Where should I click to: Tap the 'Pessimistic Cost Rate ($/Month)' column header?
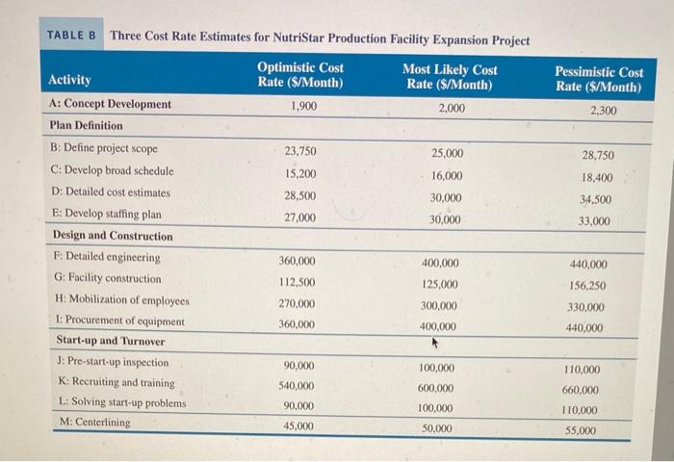tap(599, 79)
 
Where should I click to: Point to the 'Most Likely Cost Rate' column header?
tap(451, 77)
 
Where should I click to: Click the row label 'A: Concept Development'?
tap(110, 104)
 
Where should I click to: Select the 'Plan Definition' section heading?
tap(87, 125)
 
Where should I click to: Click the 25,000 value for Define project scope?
tap(447, 153)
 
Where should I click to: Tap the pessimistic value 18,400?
tap(598, 178)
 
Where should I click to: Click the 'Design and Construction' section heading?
tap(113, 236)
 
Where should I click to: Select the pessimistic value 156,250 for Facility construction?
tap(586, 286)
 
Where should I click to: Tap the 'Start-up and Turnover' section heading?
tap(110, 341)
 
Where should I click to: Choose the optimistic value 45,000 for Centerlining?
tap(298, 425)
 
